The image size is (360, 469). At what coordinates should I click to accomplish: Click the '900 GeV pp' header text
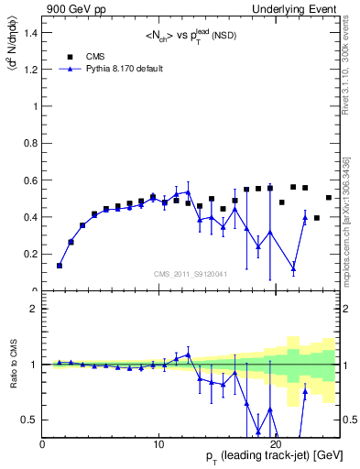click(72, 8)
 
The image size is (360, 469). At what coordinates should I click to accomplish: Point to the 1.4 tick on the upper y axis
click(32, 32)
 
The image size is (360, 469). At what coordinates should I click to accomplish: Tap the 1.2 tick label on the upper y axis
click(32, 69)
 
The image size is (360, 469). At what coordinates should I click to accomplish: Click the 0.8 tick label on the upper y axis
click(32, 143)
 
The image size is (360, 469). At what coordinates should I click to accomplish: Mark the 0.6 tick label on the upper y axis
click(32, 180)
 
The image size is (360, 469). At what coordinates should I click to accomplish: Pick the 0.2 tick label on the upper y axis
click(32, 255)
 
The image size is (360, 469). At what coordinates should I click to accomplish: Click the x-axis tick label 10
click(158, 444)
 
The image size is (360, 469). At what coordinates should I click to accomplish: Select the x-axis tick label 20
click(276, 444)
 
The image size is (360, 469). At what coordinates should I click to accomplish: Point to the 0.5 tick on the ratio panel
click(32, 420)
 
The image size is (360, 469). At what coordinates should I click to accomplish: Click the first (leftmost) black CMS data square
click(60, 266)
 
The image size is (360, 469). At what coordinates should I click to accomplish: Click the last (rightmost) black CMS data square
click(329, 198)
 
